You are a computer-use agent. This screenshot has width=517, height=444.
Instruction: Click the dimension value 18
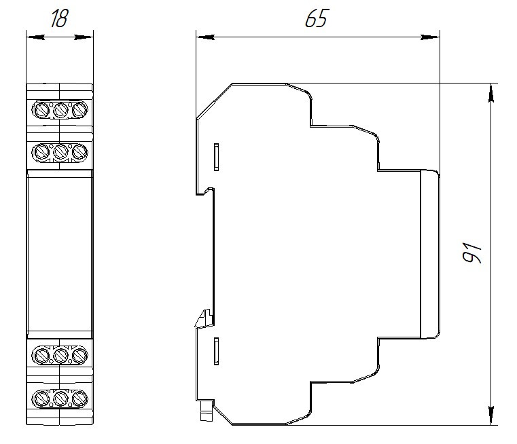60,18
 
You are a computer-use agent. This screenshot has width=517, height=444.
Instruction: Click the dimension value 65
316,18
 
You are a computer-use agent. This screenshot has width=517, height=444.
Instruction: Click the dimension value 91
472,253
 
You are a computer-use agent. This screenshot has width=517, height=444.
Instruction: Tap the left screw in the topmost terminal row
41,109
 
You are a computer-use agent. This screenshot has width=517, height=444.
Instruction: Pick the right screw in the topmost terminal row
79,109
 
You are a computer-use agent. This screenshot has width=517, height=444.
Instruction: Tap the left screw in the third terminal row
41,354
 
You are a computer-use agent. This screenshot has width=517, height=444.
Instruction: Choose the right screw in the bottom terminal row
79,396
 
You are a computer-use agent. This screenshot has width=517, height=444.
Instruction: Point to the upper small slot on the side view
215,157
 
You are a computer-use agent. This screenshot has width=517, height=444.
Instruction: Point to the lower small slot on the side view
215,350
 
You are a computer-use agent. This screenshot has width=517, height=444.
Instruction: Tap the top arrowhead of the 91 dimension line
491,90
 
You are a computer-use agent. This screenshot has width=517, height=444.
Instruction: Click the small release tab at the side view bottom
203,409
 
